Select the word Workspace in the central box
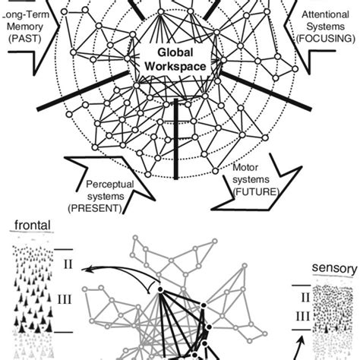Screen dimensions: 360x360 pyautogui.click(x=175, y=67)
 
